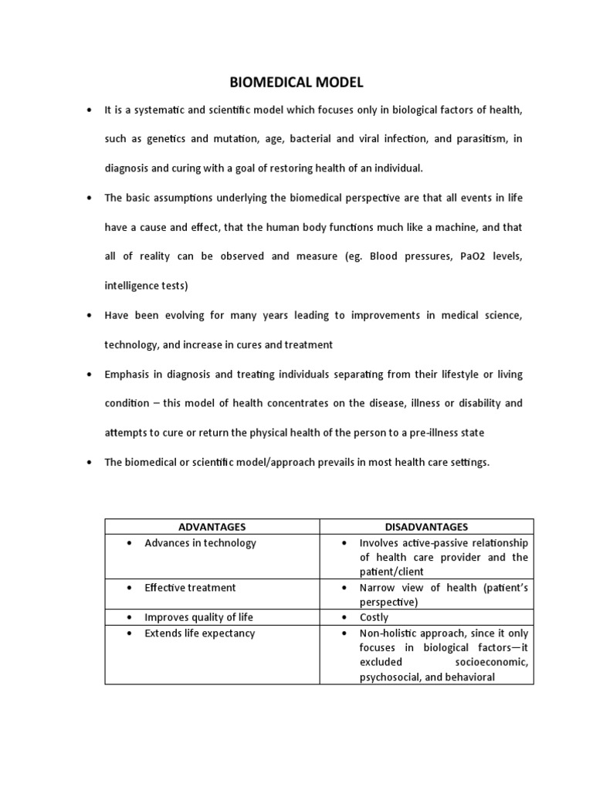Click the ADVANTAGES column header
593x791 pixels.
[212, 527]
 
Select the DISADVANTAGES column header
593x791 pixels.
[425, 527]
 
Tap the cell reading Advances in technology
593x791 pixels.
[200, 543]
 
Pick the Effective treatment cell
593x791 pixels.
[190, 588]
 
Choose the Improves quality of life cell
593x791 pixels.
[198, 618]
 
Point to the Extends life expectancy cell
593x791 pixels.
[199, 633]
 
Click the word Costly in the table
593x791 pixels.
[374, 618]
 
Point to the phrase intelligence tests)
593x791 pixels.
[146, 286]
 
